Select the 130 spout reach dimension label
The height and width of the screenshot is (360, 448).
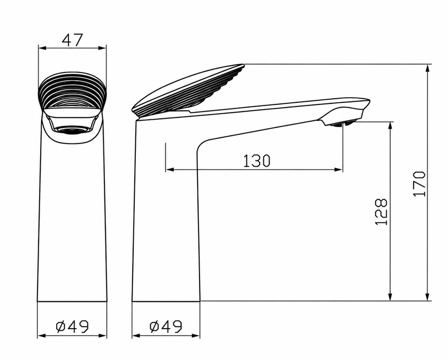pyautogui.click(x=256, y=160)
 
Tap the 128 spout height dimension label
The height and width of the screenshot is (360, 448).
pyautogui.click(x=381, y=212)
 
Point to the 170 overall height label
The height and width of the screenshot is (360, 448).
pyautogui.click(x=419, y=184)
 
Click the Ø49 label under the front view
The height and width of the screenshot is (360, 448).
pyautogui.click(x=73, y=326)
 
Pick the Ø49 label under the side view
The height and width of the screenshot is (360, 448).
pyautogui.click(x=166, y=326)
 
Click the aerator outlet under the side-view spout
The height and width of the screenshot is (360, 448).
pyautogui.click(x=342, y=124)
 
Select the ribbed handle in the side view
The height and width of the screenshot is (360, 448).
pyautogui.click(x=189, y=89)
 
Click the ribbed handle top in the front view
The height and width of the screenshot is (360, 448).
pyautogui.click(x=72, y=91)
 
